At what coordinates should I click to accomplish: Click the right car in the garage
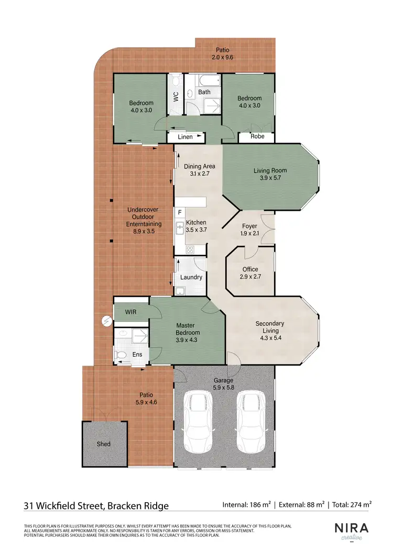click(250, 423)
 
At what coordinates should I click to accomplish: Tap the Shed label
click(104, 444)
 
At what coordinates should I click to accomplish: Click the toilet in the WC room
click(176, 81)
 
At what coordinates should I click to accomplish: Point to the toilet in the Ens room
click(122, 355)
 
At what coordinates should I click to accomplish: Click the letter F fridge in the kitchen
click(180, 213)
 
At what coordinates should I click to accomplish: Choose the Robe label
click(257, 137)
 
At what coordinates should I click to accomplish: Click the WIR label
click(131, 312)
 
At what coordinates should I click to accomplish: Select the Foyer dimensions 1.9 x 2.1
click(250, 234)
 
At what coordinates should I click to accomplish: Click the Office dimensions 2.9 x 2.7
click(250, 277)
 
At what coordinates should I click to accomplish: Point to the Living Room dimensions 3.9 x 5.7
click(270, 178)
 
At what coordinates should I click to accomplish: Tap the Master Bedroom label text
click(188, 329)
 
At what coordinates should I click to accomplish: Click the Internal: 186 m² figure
click(246, 505)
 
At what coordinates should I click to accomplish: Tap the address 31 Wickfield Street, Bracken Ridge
click(96, 505)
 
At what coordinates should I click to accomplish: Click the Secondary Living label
click(270, 327)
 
